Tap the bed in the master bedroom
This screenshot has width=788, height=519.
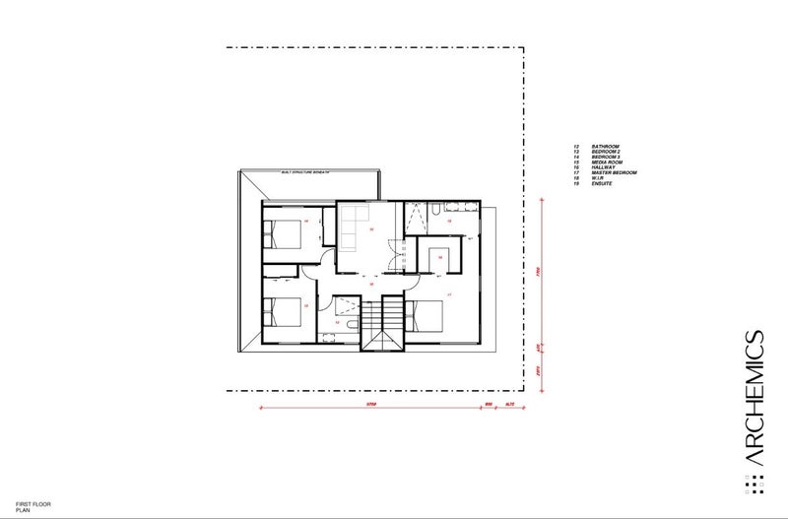[x=425, y=316]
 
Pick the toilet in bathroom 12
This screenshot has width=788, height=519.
[x=326, y=335]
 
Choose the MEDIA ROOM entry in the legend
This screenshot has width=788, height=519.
[x=606, y=162]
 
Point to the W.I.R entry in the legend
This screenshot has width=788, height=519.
[x=598, y=178]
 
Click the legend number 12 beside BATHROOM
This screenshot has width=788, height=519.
[x=575, y=146]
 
